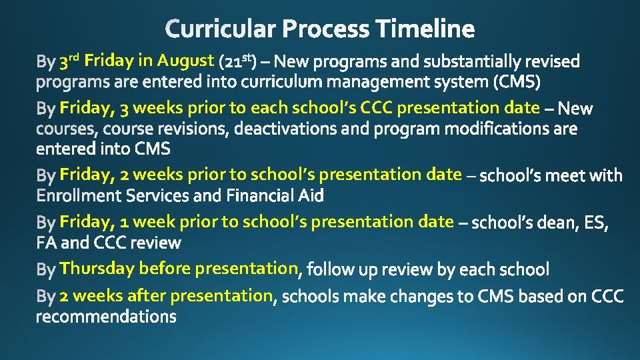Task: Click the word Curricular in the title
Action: [x=221, y=29]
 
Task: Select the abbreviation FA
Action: [x=47, y=243]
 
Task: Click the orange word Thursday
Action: [x=97, y=268]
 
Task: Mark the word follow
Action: [x=328, y=269]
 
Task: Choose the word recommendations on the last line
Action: [x=106, y=316]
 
